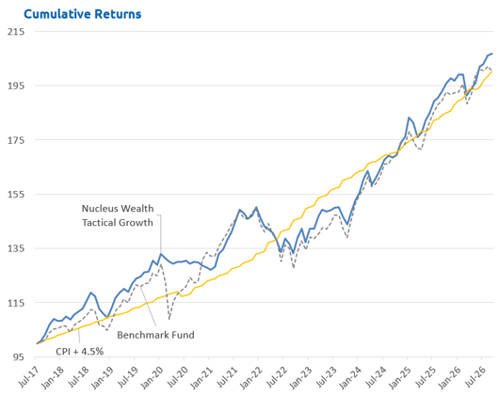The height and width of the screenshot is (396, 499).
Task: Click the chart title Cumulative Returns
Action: pos(83,14)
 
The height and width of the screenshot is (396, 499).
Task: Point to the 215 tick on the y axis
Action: pos(16,31)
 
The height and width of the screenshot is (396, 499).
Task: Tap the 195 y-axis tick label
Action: pos(16,86)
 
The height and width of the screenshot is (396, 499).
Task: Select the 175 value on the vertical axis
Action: pos(16,140)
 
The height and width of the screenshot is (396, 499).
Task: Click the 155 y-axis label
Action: pos(16,194)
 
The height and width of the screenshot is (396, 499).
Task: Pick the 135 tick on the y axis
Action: pos(16,248)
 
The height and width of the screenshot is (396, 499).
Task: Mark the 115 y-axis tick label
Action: pos(16,303)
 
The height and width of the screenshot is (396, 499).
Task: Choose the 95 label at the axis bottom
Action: pos(19,357)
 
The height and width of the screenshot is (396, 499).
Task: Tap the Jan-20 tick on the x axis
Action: pos(153,378)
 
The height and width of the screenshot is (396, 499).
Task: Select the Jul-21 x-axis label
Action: pos(228,377)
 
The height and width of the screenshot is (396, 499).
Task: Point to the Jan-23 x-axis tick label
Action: pos(301,378)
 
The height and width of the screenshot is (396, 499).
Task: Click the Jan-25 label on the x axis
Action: pos(401,378)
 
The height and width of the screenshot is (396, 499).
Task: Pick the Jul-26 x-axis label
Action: pos(476,377)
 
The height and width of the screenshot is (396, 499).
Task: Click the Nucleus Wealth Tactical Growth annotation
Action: pos(118,215)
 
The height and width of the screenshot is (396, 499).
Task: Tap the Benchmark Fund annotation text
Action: pos(155,335)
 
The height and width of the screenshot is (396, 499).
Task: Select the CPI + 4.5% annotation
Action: pos(80,352)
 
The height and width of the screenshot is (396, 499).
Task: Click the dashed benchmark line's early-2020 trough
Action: pos(169,319)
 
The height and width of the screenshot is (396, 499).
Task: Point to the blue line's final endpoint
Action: pos(492,54)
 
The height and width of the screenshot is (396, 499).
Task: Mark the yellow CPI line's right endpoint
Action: pos(492,71)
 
